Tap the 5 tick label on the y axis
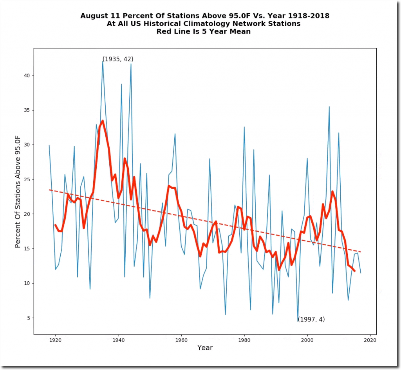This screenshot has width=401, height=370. [29, 318]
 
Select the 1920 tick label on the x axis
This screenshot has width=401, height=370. [55, 340]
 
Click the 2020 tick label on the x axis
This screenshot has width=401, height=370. [370, 340]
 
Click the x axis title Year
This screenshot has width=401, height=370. [205, 348]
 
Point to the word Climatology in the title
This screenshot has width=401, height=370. [226, 24]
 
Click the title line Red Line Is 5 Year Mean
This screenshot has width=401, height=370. [203, 32]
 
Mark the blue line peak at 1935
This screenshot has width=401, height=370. [103, 61]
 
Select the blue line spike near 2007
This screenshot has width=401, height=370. [329, 107]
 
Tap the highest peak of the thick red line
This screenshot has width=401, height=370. [103, 121]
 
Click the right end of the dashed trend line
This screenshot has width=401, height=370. [361, 252]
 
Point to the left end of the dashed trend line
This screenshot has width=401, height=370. [49, 190]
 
